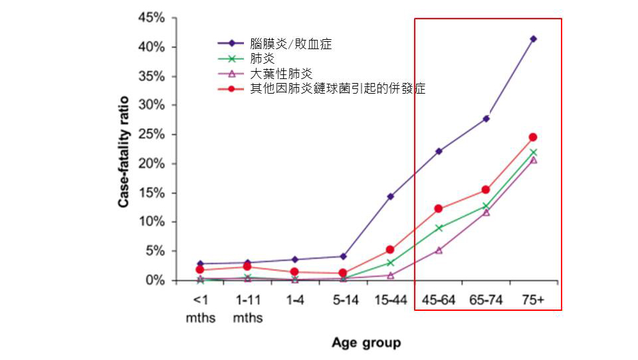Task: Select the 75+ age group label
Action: [x=532, y=300]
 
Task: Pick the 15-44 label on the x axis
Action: [x=391, y=300]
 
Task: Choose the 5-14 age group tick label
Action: [x=343, y=300]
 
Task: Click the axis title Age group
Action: [x=366, y=343]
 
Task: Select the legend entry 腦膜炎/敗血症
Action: [x=291, y=45]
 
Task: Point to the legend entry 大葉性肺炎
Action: [x=281, y=73]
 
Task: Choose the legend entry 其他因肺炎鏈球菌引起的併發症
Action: [x=338, y=88]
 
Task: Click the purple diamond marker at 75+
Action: [x=533, y=39]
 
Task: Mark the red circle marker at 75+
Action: [x=533, y=137]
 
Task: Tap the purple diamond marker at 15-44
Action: [x=391, y=197]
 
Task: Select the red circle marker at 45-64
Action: [x=439, y=209]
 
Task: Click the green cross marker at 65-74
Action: [x=486, y=207]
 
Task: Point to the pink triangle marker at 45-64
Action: [x=439, y=250]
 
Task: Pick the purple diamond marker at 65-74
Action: [x=486, y=119]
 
